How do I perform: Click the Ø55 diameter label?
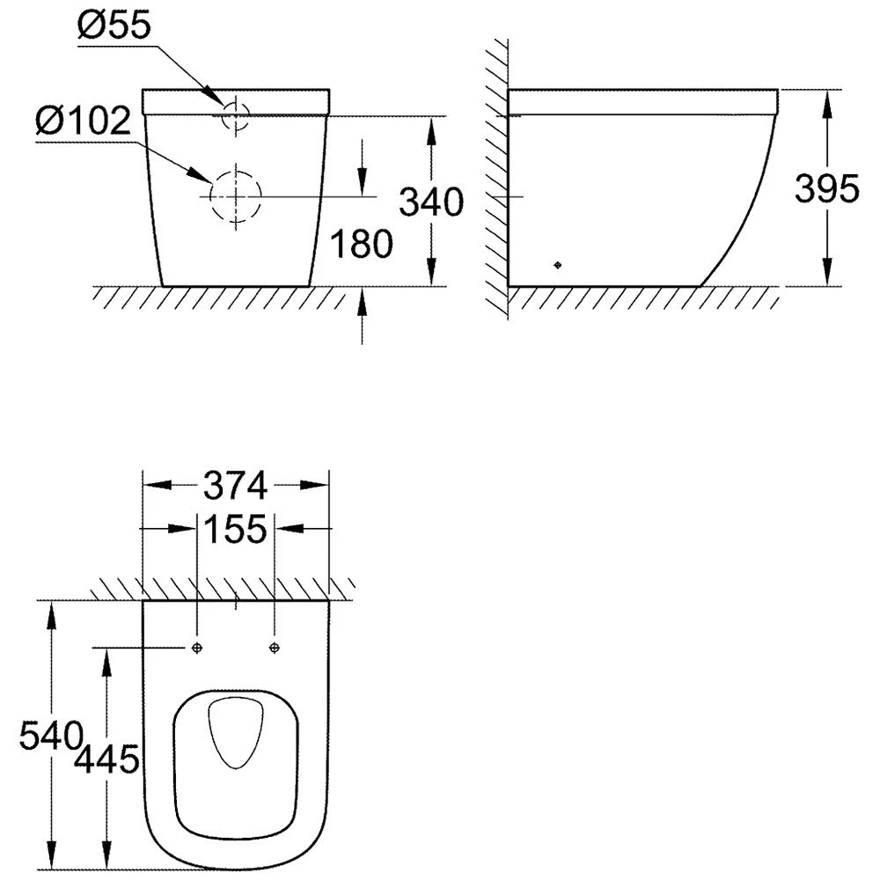[x=114, y=26]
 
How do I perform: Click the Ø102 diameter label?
[x=83, y=121]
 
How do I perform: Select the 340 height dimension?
[x=431, y=202]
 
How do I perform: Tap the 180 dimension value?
[x=362, y=244]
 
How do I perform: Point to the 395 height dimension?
[x=826, y=188]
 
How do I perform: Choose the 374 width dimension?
[x=235, y=486]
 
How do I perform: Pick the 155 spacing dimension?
[x=235, y=529]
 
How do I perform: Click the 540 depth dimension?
[x=51, y=735]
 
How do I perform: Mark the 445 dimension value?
[x=106, y=759]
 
